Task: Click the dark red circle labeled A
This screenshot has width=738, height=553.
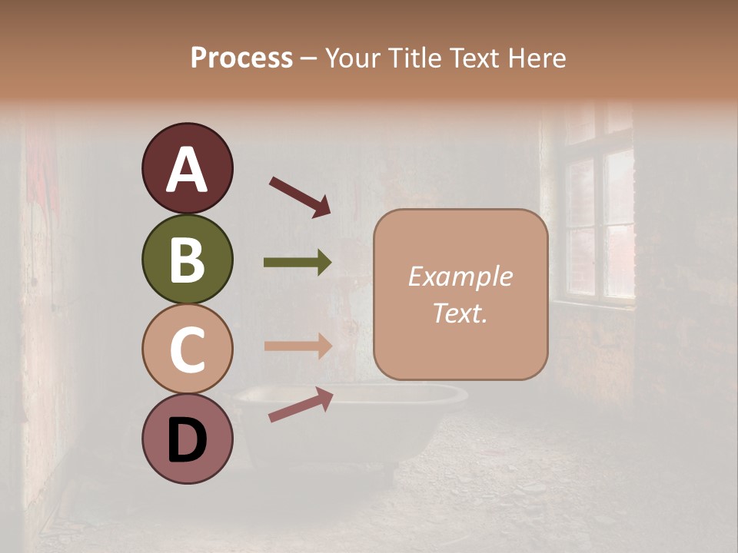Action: [x=187, y=168]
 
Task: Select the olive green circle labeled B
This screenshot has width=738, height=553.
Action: [x=187, y=259]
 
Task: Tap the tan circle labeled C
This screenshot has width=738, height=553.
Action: [x=187, y=349]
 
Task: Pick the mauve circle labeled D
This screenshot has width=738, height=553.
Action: [x=187, y=439]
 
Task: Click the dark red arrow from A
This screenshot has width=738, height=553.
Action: [x=300, y=196]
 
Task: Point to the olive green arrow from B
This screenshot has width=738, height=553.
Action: [x=298, y=263]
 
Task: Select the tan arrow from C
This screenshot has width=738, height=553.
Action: [x=298, y=346]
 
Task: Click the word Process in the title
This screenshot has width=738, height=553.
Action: [x=241, y=58]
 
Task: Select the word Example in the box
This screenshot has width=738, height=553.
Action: [x=460, y=276]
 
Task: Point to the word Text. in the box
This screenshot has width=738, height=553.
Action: [x=460, y=313]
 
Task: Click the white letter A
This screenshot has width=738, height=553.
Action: [x=187, y=170]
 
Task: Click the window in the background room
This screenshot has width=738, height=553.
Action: [x=598, y=215]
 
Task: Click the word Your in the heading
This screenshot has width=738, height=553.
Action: [x=354, y=58]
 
